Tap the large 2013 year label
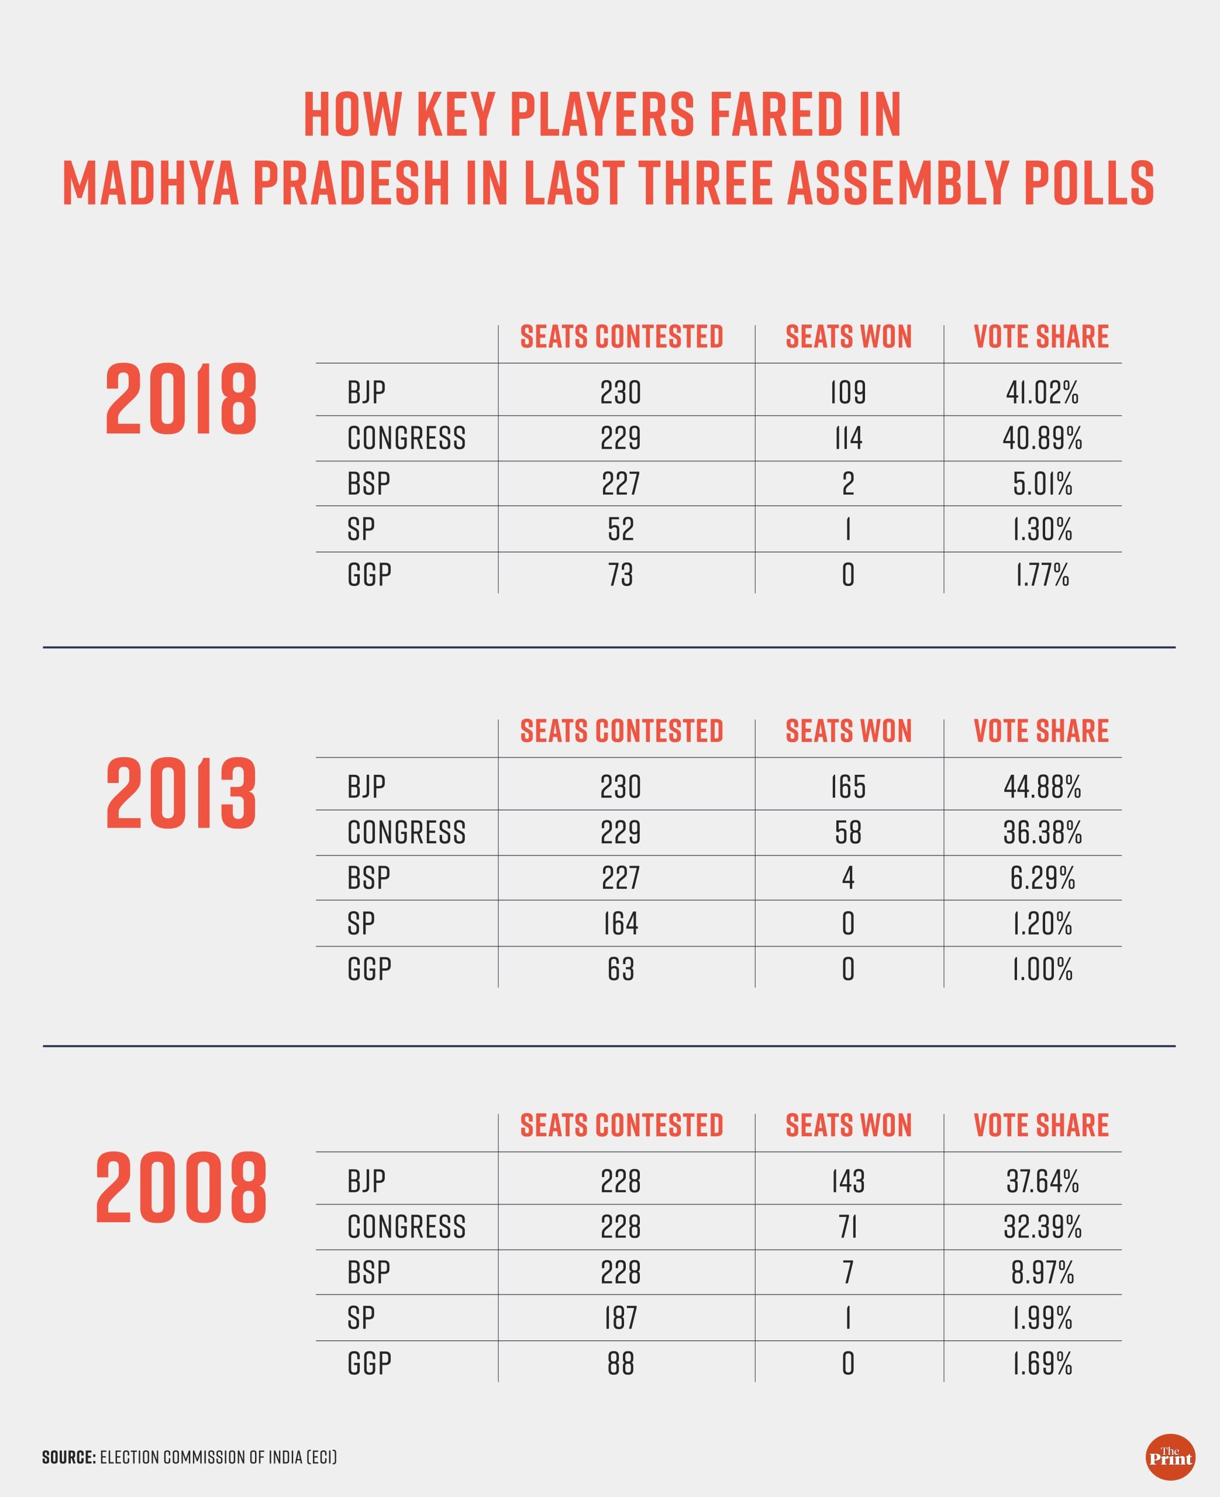click(181, 793)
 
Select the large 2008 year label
click(181, 1188)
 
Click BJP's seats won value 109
click(847, 392)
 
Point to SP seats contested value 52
click(621, 529)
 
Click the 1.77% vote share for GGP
click(1042, 575)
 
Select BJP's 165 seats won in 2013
click(847, 786)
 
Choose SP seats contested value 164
click(621, 923)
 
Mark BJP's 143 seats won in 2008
click(847, 1181)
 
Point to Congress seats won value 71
click(847, 1226)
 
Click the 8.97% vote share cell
click(1042, 1272)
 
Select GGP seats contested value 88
click(621, 1363)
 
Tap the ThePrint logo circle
click(1170, 1458)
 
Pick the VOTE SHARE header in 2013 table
click(1041, 732)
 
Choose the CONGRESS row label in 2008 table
click(406, 1226)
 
